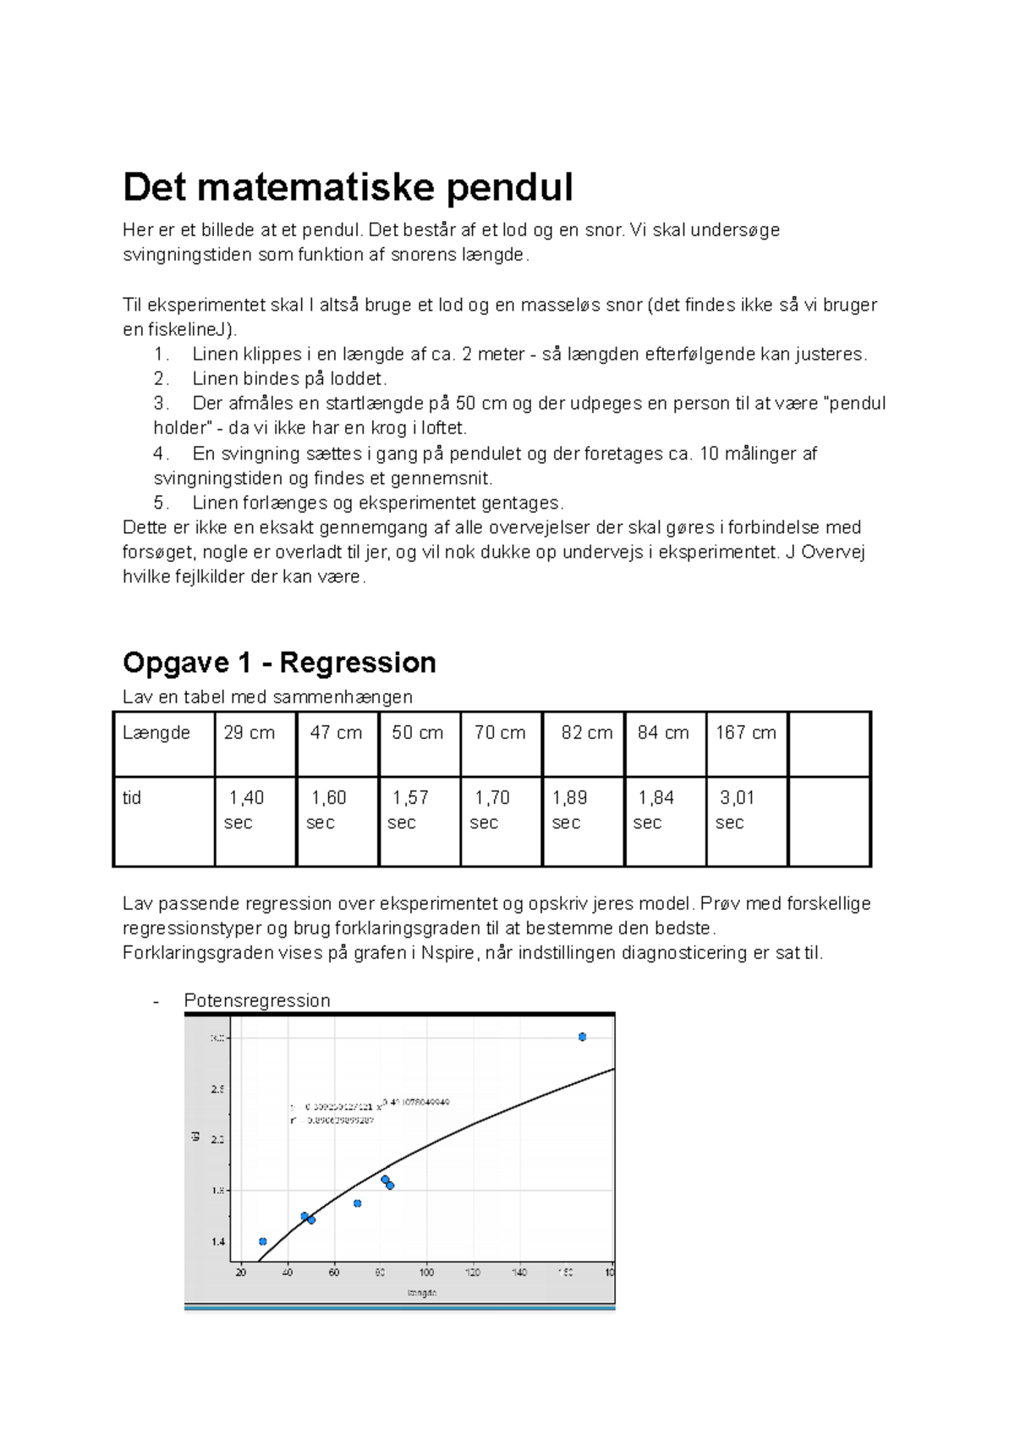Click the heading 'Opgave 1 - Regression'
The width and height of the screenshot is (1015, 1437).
tap(279, 663)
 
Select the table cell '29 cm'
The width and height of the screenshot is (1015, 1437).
tap(250, 733)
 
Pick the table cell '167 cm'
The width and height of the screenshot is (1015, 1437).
tap(745, 733)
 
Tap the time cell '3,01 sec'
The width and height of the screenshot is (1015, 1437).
tap(737, 809)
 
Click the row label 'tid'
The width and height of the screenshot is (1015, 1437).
tap(132, 798)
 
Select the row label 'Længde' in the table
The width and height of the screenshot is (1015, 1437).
tap(156, 733)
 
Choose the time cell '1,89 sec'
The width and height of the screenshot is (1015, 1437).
tap(569, 809)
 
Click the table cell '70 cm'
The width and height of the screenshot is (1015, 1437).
tap(500, 733)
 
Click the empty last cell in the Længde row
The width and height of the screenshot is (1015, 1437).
tap(829, 744)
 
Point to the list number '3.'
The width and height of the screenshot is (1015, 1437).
tap(162, 404)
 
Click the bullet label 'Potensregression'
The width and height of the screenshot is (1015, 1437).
tap(257, 1000)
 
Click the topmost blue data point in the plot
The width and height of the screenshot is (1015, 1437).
tap(582, 1037)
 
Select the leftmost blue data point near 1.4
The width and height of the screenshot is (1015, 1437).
tap(262, 1242)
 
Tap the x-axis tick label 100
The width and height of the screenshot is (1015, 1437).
tap(426, 1272)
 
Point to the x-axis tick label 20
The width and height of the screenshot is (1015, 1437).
tap(241, 1272)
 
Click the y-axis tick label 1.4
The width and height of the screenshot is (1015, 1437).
tap(218, 1242)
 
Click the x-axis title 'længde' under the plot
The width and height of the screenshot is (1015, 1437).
tap(421, 1293)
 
